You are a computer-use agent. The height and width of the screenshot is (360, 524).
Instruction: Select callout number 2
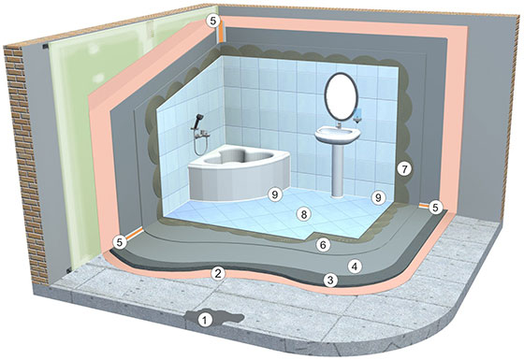click(217, 273)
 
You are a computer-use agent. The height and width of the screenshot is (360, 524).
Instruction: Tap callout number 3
click(329, 280)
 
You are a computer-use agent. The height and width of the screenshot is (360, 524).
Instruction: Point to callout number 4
click(353, 266)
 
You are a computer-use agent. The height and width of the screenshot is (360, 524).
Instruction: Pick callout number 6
click(323, 244)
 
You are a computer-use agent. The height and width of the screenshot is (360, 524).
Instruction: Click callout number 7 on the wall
click(403, 170)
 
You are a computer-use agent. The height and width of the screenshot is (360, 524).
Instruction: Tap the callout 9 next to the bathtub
click(274, 194)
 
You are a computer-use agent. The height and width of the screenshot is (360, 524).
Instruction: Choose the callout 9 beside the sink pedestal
click(378, 197)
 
